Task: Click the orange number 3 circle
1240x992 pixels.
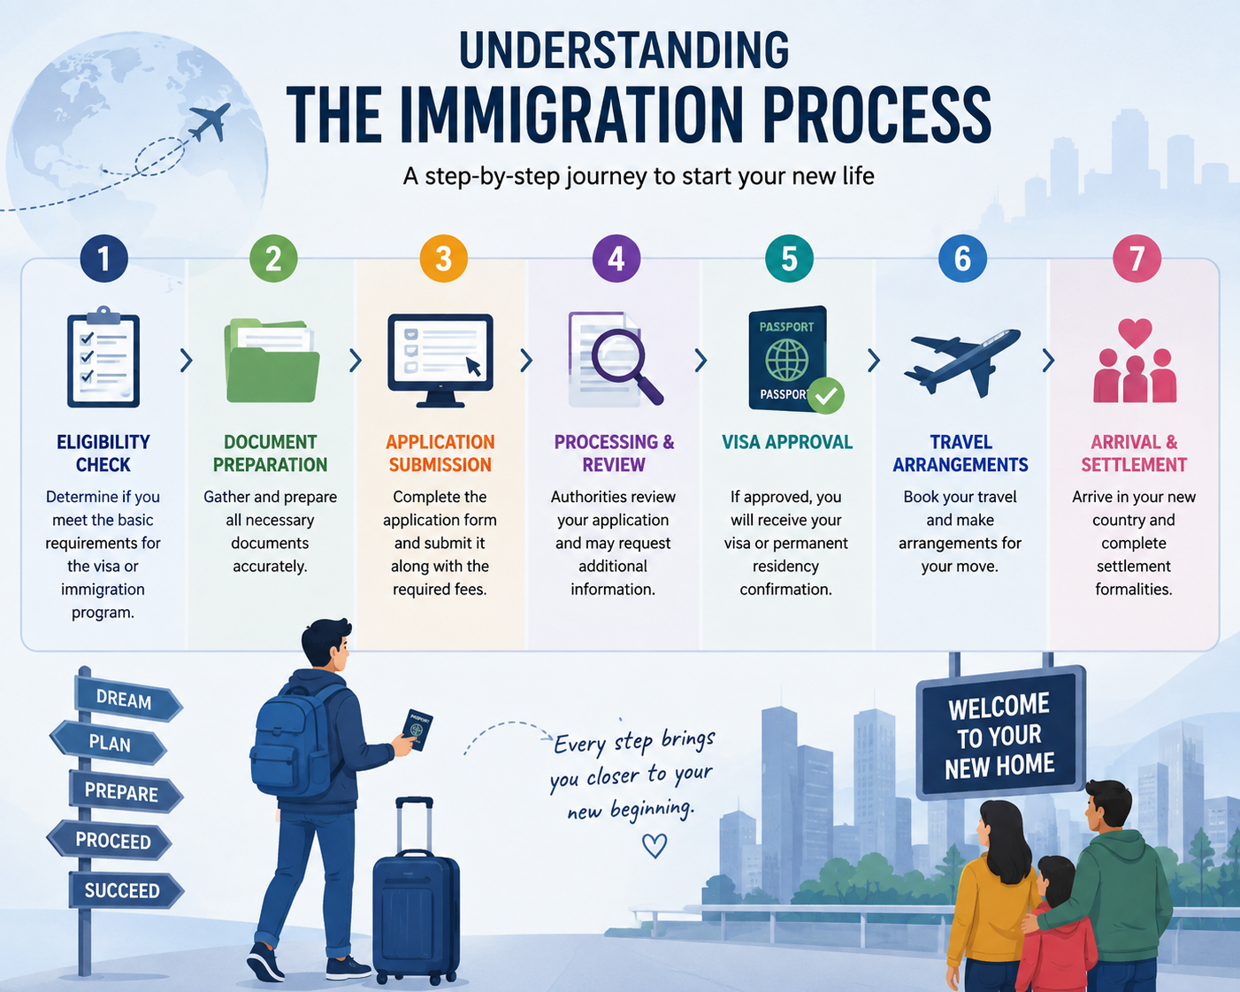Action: [443, 259]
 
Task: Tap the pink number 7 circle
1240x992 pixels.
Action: [1137, 259]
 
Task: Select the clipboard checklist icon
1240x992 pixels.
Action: [103, 356]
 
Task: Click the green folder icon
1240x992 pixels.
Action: [272, 361]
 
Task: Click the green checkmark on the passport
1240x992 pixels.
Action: [826, 396]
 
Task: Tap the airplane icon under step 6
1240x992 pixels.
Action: [961, 362]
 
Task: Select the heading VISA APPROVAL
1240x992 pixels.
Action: [787, 442]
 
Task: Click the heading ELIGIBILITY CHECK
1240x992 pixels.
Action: [103, 454]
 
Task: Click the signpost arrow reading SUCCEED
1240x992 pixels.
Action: [126, 890]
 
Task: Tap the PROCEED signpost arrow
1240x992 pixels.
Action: [110, 841]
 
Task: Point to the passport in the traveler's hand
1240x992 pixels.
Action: [417, 729]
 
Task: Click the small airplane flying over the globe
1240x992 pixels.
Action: [210, 122]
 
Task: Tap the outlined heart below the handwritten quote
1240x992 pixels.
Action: [654, 846]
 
